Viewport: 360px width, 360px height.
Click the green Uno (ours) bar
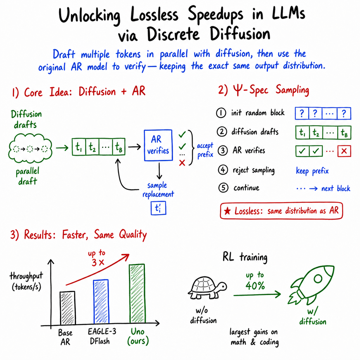[x=137, y=294]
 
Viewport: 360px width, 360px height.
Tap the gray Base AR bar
[x=67, y=308]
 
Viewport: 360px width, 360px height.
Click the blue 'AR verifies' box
[x=158, y=145]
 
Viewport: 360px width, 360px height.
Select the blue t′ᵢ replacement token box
[x=159, y=208]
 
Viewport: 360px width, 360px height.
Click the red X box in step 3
[x=344, y=151]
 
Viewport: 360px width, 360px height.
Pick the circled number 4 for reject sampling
[x=223, y=170]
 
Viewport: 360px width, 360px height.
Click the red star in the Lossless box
[x=227, y=211]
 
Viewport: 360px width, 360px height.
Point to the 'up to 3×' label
[x=97, y=258]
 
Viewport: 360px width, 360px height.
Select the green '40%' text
[x=255, y=286]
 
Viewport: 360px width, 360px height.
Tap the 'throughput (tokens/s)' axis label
[x=26, y=282]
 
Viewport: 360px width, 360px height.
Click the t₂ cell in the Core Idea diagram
[x=92, y=147]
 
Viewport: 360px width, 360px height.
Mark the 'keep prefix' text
[x=312, y=171]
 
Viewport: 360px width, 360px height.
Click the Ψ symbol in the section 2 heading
[x=238, y=90]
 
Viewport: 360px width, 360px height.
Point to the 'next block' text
[x=336, y=188]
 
